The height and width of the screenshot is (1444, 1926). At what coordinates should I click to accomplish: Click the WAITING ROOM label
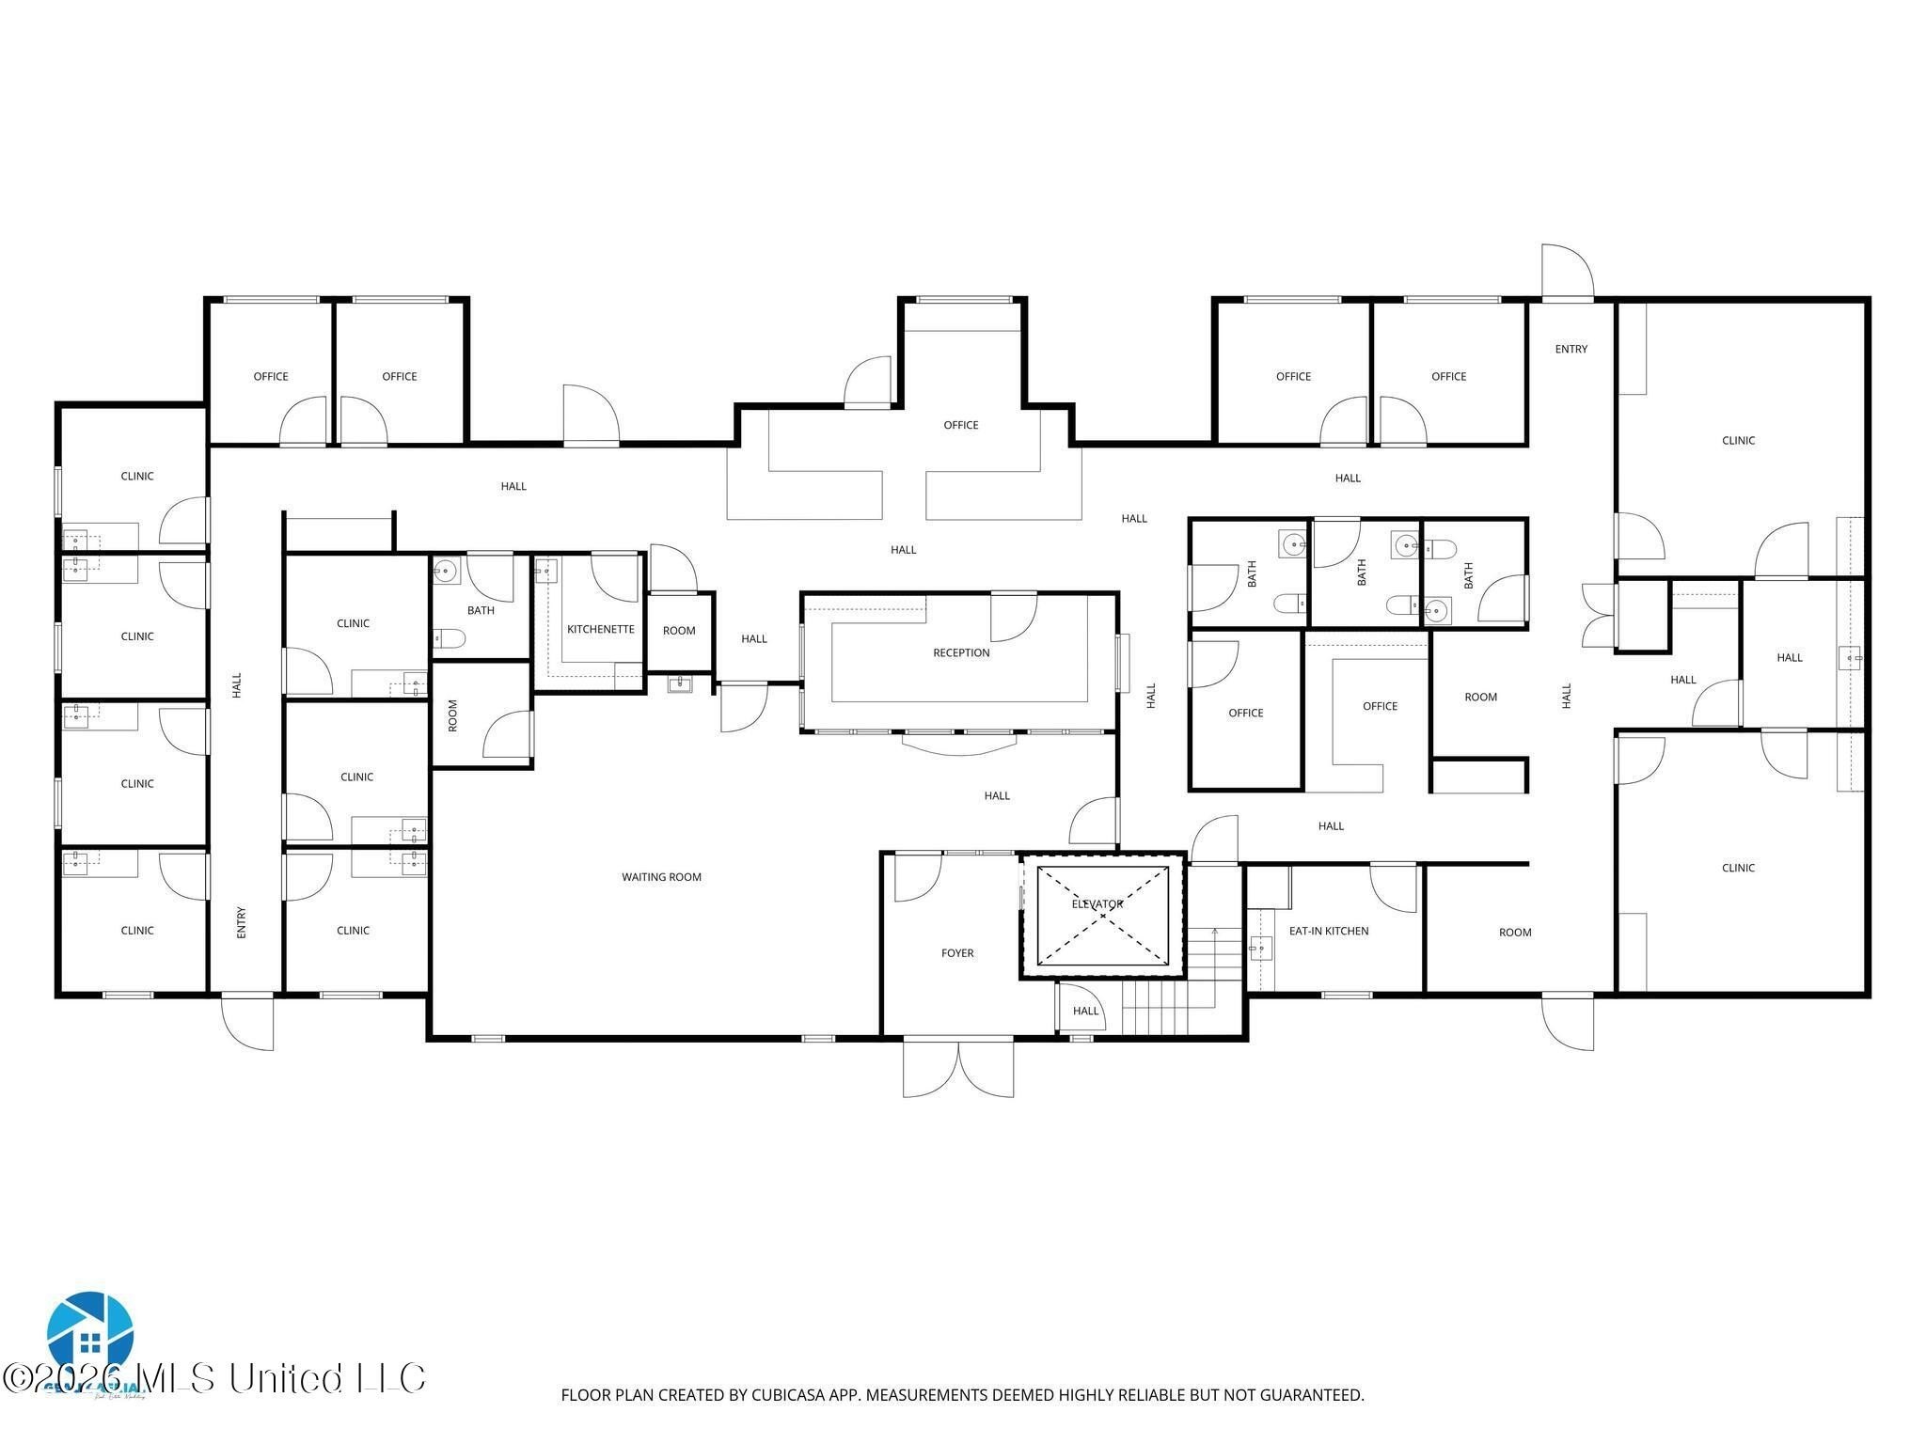(661, 877)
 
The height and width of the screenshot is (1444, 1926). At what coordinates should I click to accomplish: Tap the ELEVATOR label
(1097, 904)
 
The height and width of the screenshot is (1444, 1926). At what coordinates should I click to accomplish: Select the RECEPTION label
(961, 652)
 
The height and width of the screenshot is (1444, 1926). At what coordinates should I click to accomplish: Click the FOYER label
(957, 953)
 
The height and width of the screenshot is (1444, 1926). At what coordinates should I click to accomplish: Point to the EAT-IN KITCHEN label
(1328, 931)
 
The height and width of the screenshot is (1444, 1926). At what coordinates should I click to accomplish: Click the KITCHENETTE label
(600, 629)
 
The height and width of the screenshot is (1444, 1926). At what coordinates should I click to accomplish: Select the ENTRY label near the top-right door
(1571, 349)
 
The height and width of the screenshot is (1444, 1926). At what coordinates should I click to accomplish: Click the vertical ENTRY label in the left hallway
(241, 922)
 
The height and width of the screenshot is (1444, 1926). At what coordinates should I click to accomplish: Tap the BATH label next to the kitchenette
(481, 610)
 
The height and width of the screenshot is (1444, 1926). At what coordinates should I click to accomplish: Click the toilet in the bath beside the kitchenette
(450, 639)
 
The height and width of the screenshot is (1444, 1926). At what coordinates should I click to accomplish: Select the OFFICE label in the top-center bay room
(961, 425)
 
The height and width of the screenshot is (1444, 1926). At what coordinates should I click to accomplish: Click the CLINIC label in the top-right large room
(1738, 440)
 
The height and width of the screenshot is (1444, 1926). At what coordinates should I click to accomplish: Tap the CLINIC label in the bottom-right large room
(1738, 868)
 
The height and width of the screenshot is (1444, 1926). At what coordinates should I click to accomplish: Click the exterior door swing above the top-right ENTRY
(1567, 273)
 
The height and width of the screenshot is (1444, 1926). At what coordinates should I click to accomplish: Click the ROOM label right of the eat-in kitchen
(1515, 933)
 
